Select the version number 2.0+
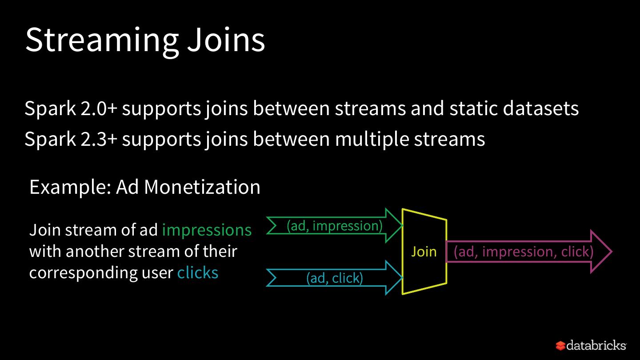(x=99, y=109)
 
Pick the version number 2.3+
(x=99, y=139)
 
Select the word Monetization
(x=202, y=187)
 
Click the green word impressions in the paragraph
(x=207, y=230)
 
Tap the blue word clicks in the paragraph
(x=198, y=272)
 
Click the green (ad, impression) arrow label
(x=334, y=226)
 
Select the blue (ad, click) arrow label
(x=334, y=278)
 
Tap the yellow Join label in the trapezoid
(x=424, y=252)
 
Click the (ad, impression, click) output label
(x=524, y=252)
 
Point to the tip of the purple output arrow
(x=611, y=252)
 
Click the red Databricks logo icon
(x=560, y=345)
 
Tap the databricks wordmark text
(x=596, y=345)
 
